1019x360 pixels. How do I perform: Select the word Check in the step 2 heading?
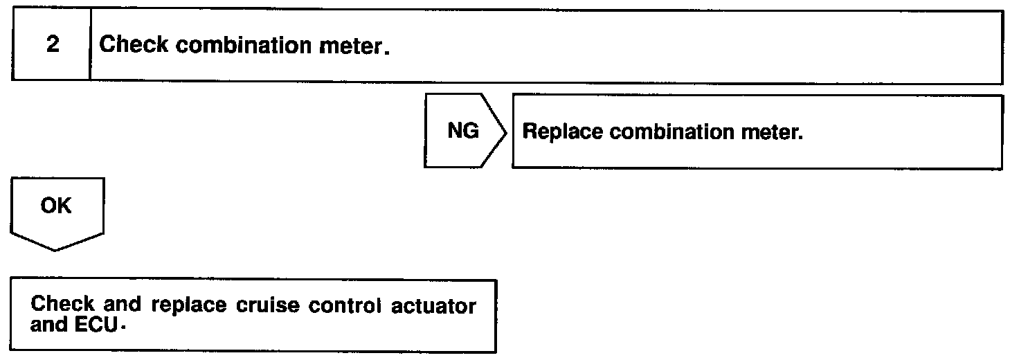pos(133,46)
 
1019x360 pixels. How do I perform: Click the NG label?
pos(463,131)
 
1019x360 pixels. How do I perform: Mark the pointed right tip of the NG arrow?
pos(507,132)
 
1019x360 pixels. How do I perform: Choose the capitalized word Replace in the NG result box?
pos(562,132)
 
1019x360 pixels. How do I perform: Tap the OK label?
pos(56,206)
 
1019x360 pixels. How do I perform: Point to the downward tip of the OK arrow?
pos(57,249)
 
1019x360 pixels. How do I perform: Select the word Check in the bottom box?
pos(62,305)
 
